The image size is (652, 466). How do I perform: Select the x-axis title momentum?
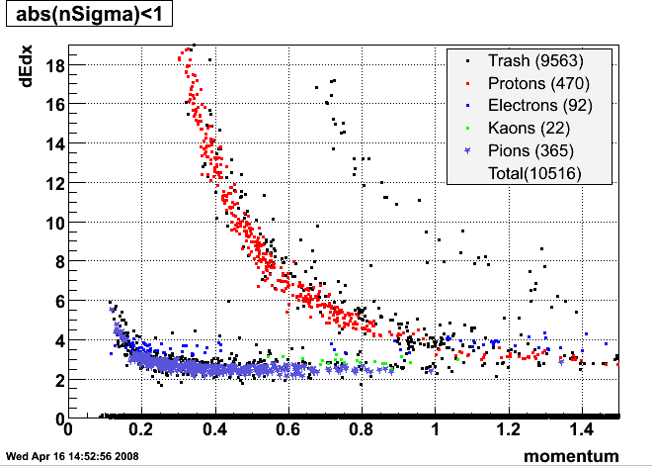(x=572, y=455)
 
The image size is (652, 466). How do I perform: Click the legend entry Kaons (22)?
(x=529, y=128)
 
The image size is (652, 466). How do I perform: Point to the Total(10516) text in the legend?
(x=534, y=173)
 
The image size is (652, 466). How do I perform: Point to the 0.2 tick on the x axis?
(x=141, y=430)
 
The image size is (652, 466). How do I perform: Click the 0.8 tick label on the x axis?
(x=361, y=430)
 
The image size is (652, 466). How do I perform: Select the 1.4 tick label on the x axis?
(x=581, y=430)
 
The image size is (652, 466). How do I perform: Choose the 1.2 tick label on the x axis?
(x=508, y=430)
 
